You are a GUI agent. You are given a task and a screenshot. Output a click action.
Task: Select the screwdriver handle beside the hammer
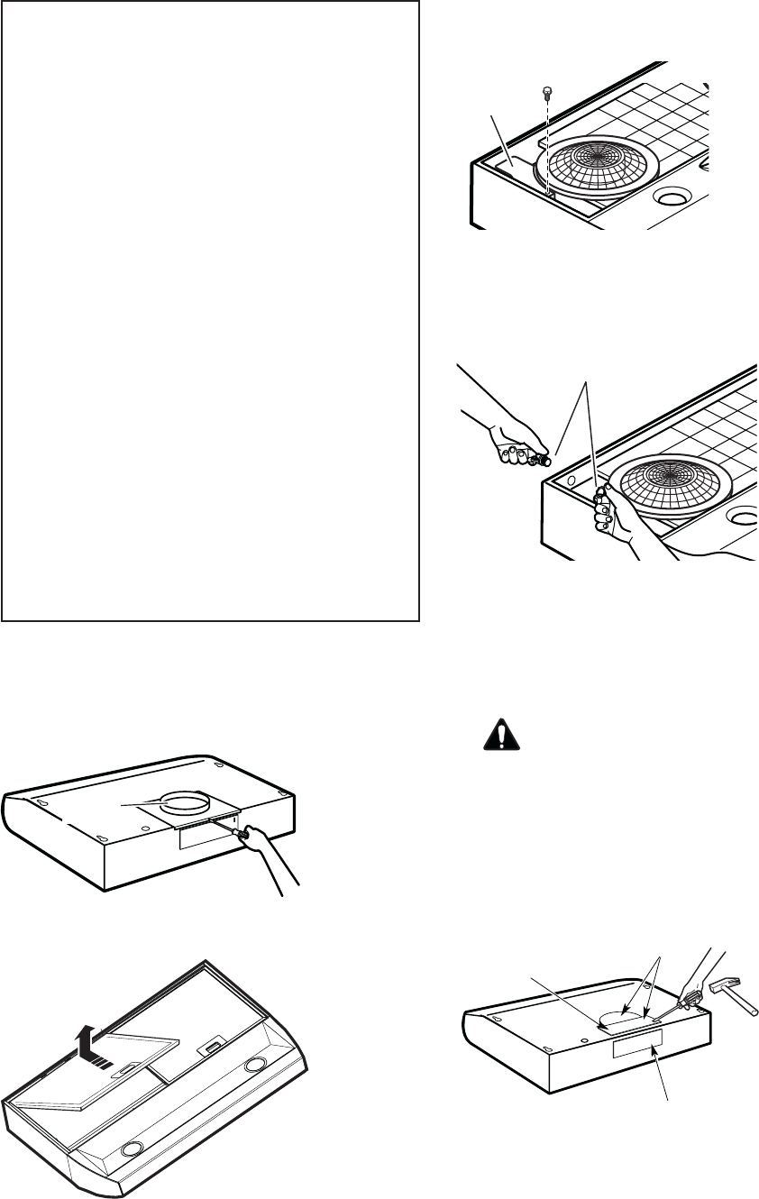691,998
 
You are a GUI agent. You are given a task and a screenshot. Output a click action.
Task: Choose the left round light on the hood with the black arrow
133,1149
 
